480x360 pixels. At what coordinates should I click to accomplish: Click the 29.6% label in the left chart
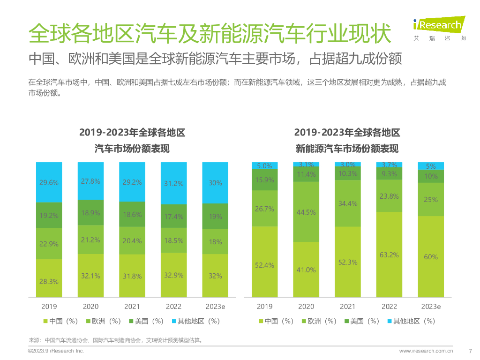49,183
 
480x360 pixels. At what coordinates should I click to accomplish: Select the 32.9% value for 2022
173,275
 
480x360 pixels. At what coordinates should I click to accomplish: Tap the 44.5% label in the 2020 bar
306,212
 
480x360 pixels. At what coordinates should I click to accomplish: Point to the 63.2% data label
389,255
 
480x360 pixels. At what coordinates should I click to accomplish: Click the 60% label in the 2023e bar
431,257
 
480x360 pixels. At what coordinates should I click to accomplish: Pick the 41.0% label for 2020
306,270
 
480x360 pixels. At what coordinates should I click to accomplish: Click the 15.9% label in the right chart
264,180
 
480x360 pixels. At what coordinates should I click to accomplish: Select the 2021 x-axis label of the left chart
132,307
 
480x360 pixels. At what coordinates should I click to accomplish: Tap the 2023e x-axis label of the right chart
431,307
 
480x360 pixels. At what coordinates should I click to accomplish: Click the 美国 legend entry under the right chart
362,321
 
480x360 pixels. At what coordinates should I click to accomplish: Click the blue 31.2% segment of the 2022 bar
173,184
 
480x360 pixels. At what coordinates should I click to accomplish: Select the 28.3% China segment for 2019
49,281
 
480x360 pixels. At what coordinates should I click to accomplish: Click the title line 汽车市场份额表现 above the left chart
132,149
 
